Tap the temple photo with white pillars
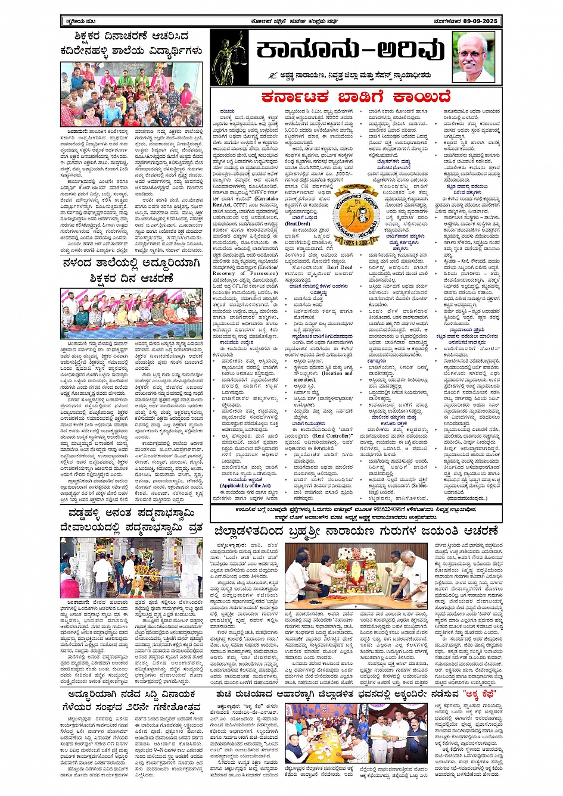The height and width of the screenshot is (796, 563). click(x=131, y=568)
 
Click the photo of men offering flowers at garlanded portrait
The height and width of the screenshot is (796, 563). click(x=356, y=572)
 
